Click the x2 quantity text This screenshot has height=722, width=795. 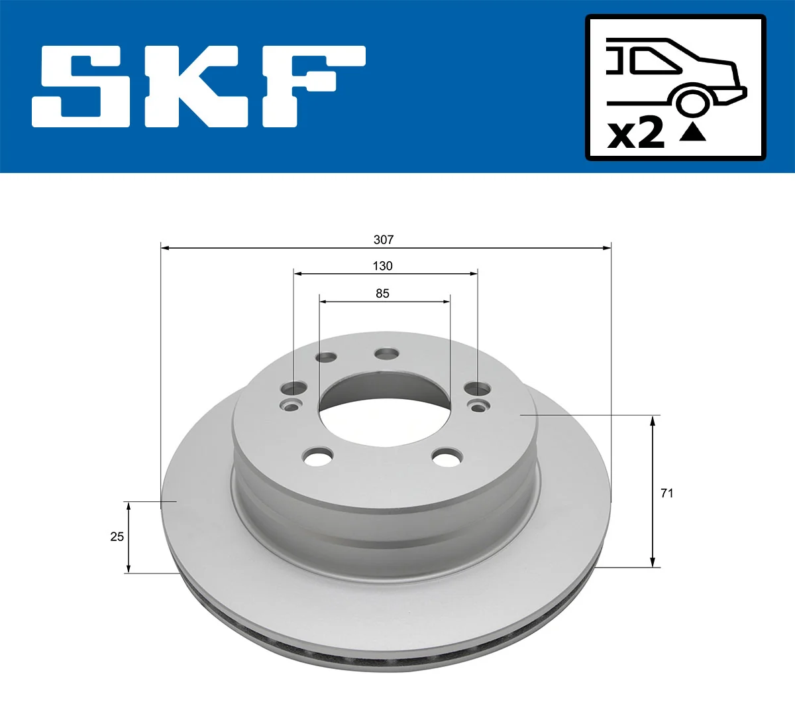pos(636,133)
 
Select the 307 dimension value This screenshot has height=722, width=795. pos(384,239)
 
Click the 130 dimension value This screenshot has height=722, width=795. pos(382,266)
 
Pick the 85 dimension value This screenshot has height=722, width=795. pos(382,293)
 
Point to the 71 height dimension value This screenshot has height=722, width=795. pos(667,493)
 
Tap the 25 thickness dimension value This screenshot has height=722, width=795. pos(117,536)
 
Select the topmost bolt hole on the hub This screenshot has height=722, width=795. pos(386,354)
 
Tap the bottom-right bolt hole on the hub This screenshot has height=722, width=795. pos(447,456)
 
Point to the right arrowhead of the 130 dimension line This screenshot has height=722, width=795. pos(473,273)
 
